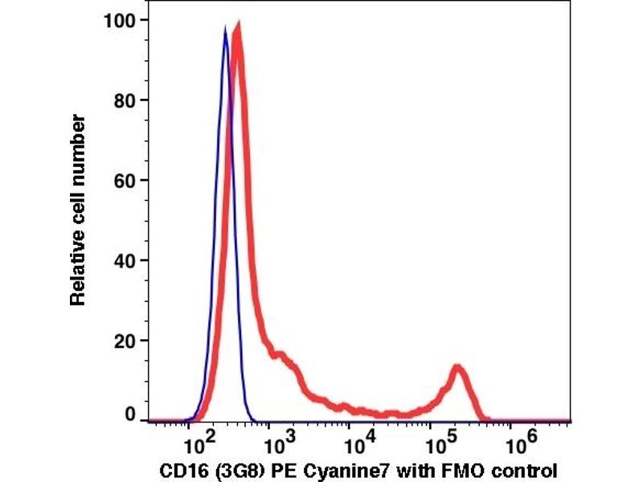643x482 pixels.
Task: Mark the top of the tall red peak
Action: point(237,27)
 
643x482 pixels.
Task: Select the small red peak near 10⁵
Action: point(458,369)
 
